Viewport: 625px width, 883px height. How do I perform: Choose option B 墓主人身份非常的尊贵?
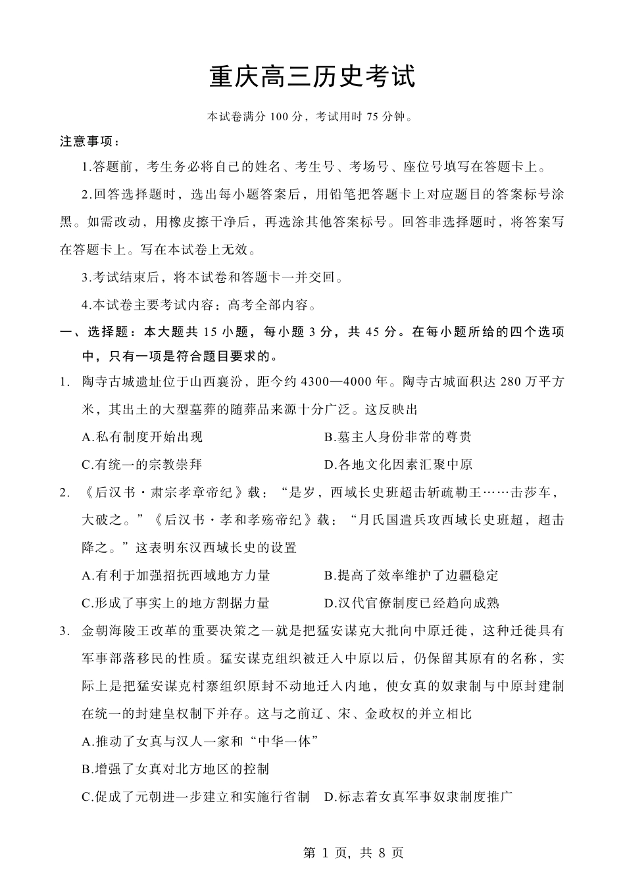397,437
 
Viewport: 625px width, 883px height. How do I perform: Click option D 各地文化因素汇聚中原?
397,465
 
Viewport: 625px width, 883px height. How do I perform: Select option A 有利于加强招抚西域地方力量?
176,575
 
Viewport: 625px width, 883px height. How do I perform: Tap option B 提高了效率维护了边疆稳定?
411,575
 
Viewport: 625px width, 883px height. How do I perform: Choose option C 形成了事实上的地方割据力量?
176,603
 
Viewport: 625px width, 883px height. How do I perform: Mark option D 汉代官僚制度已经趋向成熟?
411,603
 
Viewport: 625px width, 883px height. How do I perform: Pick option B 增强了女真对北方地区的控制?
176,769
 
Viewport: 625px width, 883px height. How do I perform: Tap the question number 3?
63,631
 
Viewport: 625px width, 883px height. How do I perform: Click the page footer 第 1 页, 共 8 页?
353,853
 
